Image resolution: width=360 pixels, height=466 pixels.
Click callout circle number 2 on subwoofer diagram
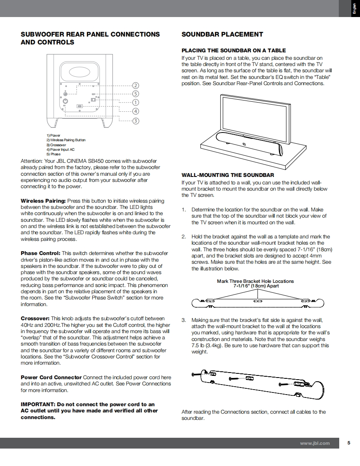coord(136,86)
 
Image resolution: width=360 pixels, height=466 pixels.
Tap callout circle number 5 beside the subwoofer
coord(136,94)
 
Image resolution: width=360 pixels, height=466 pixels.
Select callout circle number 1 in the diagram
coord(136,102)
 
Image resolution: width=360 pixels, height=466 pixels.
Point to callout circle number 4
coord(136,111)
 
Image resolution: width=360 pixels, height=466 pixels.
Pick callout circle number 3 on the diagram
coord(136,121)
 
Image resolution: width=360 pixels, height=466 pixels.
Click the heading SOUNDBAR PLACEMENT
coord(222,34)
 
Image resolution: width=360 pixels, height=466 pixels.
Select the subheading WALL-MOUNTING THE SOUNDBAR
coord(228,175)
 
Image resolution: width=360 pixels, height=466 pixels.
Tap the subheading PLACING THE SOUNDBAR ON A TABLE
coord(234,51)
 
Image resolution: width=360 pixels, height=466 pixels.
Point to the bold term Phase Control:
coord(41,253)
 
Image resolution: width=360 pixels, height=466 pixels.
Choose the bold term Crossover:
coord(35,319)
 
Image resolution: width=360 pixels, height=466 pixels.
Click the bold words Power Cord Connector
coord(51,377)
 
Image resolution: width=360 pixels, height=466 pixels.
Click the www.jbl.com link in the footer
coord(315,443)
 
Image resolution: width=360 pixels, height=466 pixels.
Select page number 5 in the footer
coord(349,443)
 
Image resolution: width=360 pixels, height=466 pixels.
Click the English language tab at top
coord(355,9)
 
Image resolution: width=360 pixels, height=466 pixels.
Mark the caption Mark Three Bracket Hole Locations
coord(255,281)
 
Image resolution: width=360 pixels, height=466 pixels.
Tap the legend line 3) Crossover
coord(56,145)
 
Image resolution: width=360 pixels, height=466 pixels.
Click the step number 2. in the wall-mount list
coord(184,237)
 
